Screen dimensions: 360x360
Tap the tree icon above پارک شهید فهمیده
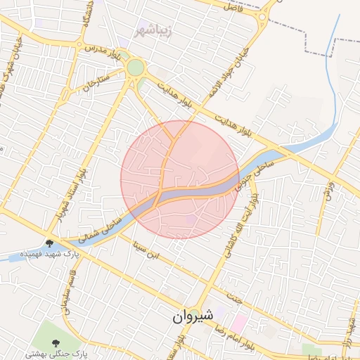point(50,243)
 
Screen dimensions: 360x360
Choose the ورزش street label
point(328,190)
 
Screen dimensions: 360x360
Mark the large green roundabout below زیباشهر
point(136,67)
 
